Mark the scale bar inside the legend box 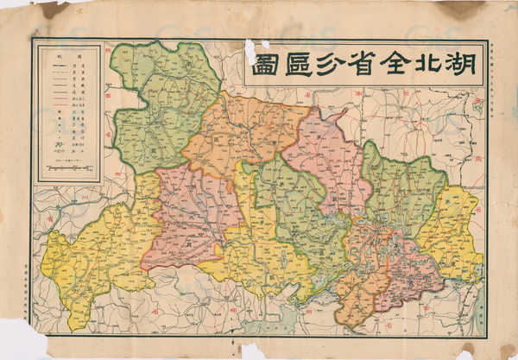[x=69, y=169]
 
